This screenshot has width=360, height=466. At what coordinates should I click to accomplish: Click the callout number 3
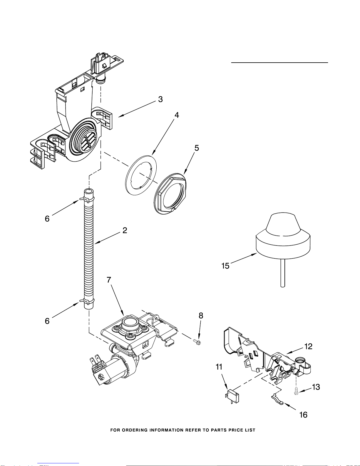coord(160,99)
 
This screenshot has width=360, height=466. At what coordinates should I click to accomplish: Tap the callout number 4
coord(177,115)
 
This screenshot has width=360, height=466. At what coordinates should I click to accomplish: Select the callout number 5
coord(197,148)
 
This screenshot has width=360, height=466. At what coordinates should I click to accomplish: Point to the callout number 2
coord(125,230)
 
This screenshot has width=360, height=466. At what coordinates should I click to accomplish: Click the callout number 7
coord(109,280)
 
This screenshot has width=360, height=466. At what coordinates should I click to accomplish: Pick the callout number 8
coord(201,315)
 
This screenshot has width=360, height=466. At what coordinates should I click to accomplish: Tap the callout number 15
coord(225,266)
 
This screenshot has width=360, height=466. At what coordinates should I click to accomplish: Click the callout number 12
coord(308,346)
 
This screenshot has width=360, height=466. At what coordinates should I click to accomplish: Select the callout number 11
coord(219,367)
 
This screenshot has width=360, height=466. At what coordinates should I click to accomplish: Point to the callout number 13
coord(316,387)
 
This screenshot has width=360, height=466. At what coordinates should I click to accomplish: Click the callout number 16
coord(303,415)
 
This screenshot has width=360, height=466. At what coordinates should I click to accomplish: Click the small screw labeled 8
coord(197,342)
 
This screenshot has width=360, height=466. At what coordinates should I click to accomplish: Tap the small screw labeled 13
coord(296,392)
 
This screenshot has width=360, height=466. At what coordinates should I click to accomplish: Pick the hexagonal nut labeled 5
coord(170,194)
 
